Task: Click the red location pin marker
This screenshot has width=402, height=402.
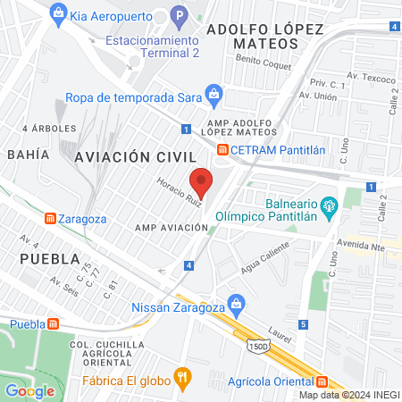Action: (202, 181)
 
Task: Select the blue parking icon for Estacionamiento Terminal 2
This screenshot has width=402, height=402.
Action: (179, 15)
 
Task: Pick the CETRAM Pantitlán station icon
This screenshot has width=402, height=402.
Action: (222, 149)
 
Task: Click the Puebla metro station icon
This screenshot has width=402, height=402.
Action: (54, 323)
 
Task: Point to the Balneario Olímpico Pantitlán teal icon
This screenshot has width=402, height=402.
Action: (329, 205)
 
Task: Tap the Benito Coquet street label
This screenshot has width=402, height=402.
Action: (260, 62)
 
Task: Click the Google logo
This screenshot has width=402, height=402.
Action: (29, 390)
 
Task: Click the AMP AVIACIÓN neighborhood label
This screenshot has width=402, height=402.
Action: (172, 228)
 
